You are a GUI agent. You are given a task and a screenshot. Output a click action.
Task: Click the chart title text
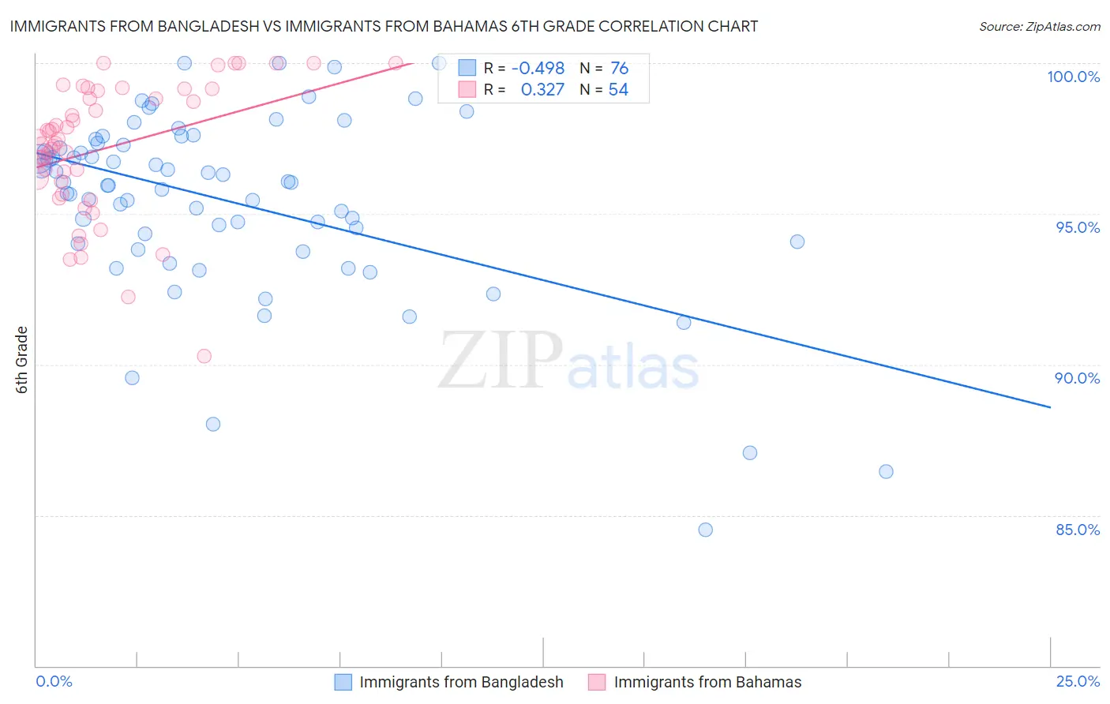[x=384, y=26]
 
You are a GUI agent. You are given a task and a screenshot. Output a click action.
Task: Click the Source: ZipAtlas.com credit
[x=1040, y=27]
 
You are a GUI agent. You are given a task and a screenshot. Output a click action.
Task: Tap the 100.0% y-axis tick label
[x=1073, y=77]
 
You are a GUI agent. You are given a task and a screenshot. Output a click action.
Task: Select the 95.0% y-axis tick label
[x=1078, y=227]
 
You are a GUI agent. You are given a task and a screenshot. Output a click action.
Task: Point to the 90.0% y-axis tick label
[x=1078, y=378]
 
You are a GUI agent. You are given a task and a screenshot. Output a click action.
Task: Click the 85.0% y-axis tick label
[x=1078, y=530]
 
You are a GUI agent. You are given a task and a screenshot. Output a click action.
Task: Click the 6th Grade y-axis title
[x=22, y=360]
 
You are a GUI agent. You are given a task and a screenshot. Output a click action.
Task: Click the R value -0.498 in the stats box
[x=538, y=69]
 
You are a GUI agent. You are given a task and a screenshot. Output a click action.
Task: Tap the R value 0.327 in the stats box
[x=542, y=90]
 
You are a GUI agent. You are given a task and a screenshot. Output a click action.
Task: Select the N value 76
[x=619, y=69]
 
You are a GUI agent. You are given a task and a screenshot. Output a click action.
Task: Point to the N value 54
[x=618, y=90]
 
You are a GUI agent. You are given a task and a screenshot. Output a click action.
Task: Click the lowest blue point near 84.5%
[x=706, y=530]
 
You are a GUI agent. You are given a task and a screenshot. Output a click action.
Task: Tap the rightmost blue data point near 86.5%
[x=886, y=471]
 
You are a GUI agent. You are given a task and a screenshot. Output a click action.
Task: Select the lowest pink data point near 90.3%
[x=204, y=356]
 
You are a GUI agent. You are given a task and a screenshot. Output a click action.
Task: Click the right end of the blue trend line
[x=1050, y=407]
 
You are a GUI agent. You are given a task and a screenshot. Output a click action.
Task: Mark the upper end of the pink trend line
[x=412, y=61]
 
